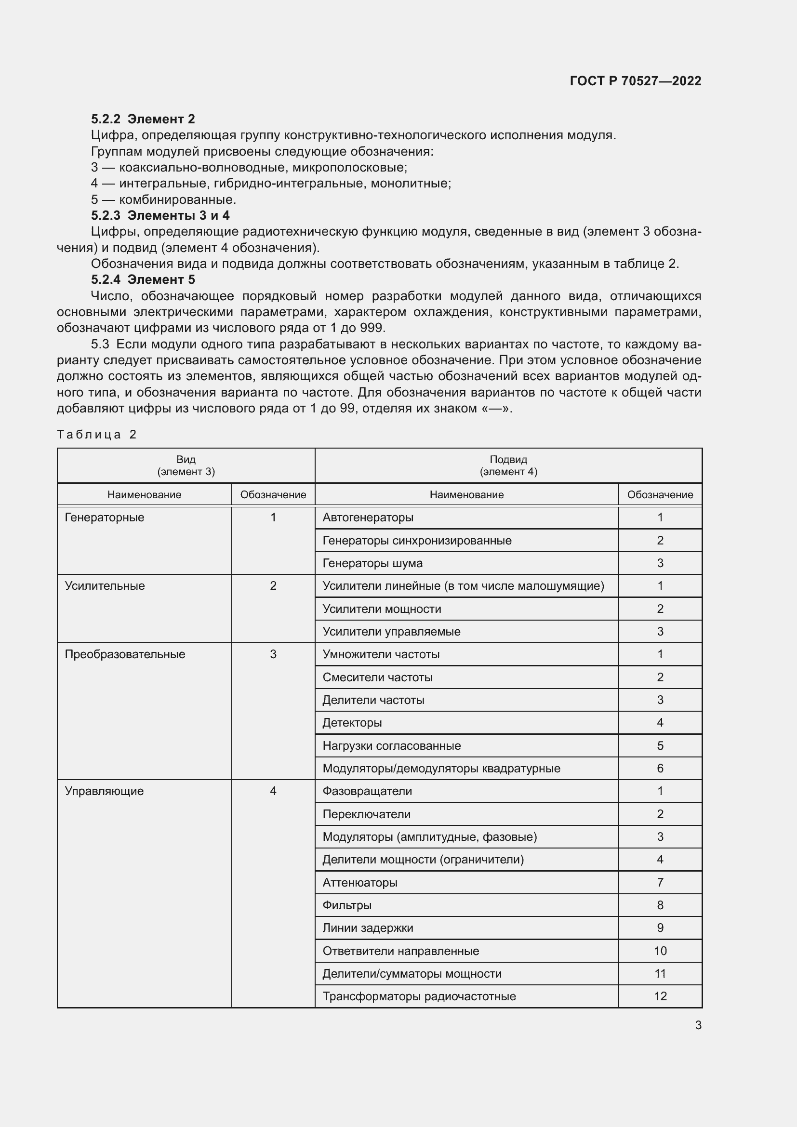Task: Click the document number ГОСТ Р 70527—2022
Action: click(635, 81)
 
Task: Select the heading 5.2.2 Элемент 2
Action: click(143, 119)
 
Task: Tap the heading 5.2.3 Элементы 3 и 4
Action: click(160, 215)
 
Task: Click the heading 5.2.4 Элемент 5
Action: click(143, 279)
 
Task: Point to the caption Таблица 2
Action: click(97, 435)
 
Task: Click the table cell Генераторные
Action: click(105, 517)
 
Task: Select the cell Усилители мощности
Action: click(382, 609)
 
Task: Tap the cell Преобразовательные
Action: click(125, 654)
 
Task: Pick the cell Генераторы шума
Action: click(372, 563)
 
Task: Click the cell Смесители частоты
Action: click(377, 677)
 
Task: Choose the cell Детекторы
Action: click(352, 723)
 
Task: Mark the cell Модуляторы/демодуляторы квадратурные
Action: click(441, 768)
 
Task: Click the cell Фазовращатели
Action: click(367, 791)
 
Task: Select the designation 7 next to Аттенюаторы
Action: click(660, 883)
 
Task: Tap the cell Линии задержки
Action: click(368, 928)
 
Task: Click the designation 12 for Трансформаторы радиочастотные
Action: click(660, 996)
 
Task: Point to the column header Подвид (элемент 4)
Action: click(508, 465)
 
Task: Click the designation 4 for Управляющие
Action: click(273, 791)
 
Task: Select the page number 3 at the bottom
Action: click(698, 1025)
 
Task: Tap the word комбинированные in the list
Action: click(177, 200)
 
